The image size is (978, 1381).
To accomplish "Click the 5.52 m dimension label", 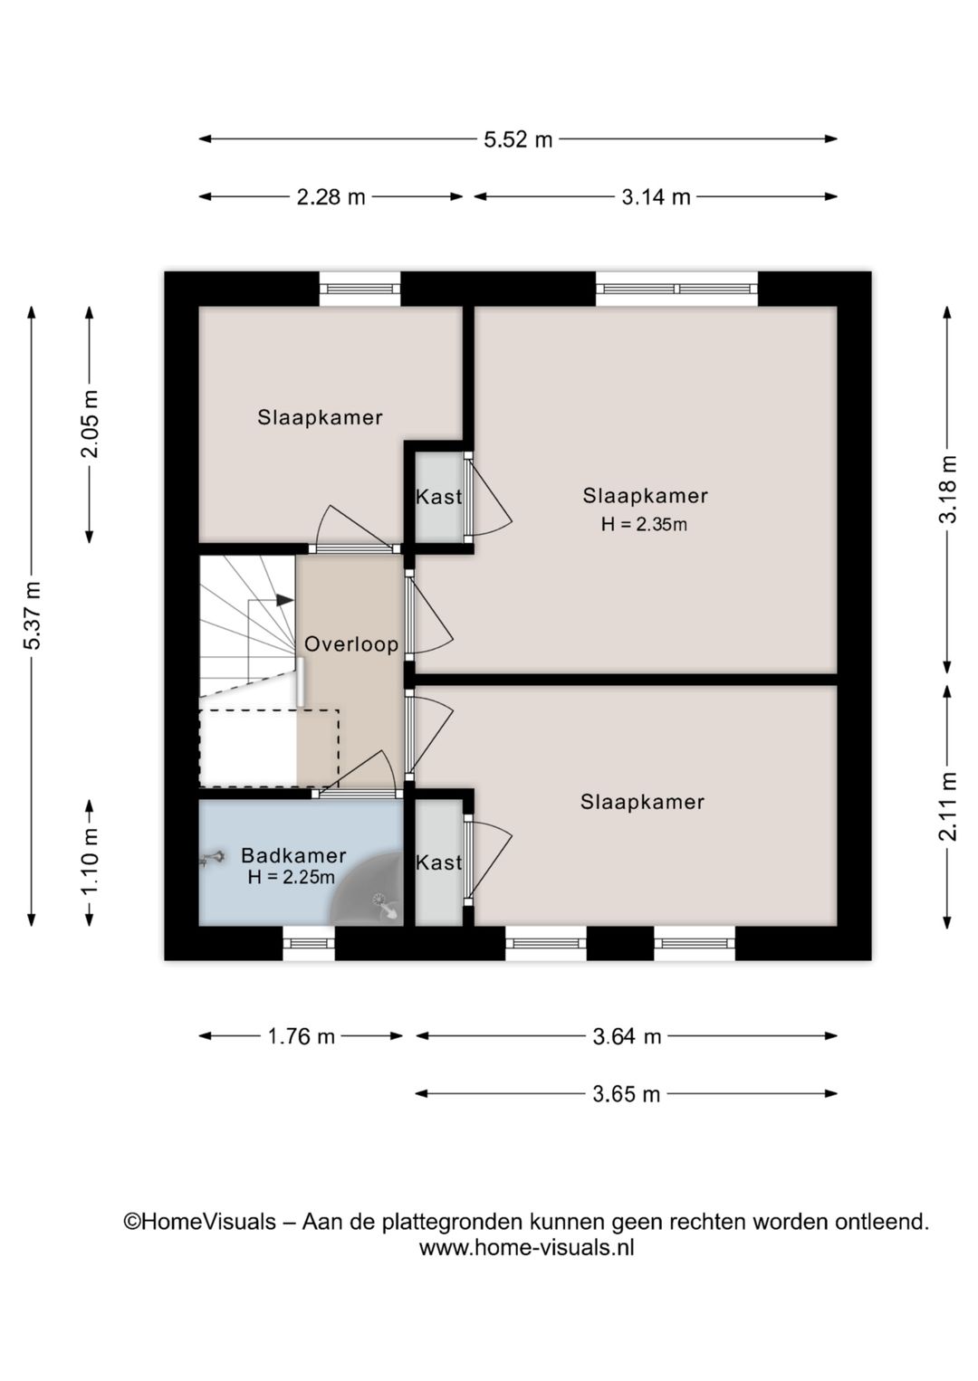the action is pyautogui.click(x=517, y=140).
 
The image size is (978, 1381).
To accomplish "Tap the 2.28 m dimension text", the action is pyautogui.click(x=331, y=197).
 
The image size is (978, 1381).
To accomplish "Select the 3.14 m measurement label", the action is pyautogui.click(x=656, y=197).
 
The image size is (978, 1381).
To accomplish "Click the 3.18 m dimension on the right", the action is pyautogui.click(x=948, y=489).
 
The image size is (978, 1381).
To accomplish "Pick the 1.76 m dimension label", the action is pyautogui.click(x=301, y=1036).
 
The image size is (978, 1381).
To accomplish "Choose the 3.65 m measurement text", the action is pyautogui.click(x=626, y=1094).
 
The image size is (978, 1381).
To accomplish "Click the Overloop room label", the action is pyautogui.click(x=351, y=644).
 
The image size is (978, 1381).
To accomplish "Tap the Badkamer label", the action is pyautogui.click(x=293, y=855).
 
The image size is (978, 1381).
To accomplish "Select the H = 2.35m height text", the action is pyautogui.click(x=644, y=525).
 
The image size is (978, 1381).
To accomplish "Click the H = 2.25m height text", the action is pyautogui.click(x=292, y=877).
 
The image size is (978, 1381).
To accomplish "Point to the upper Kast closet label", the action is pyautogui.click(x=438, y=496).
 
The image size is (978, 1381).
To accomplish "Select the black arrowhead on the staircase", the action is pyautogui.click(x=284, y=600).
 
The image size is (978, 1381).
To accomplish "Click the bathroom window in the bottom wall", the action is pyautogui.click(x=309, y=943).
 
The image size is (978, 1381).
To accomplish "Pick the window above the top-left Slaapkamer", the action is pyautogui.click(x=360, y=289).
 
